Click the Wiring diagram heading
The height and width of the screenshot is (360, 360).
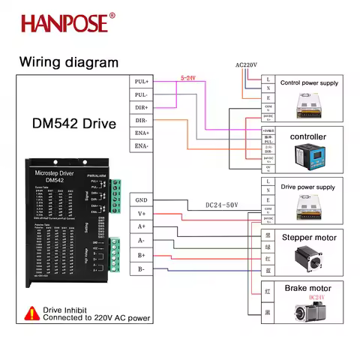68,62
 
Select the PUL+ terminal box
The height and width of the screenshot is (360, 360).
141,81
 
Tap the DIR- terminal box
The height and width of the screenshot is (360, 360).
141,120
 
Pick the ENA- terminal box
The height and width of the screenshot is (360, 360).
141,145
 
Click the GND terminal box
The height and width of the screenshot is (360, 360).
141,200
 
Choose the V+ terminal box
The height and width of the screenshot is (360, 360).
141,214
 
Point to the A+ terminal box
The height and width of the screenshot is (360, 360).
141,227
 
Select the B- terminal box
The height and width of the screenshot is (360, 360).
141,268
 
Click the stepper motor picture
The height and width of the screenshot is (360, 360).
307,256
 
